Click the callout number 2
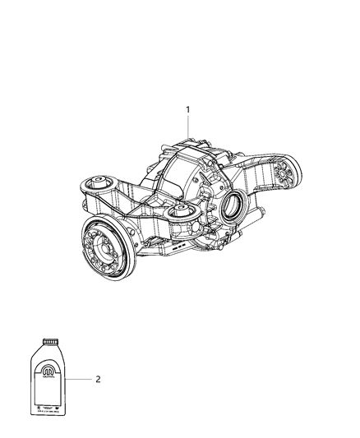click(98, 379)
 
